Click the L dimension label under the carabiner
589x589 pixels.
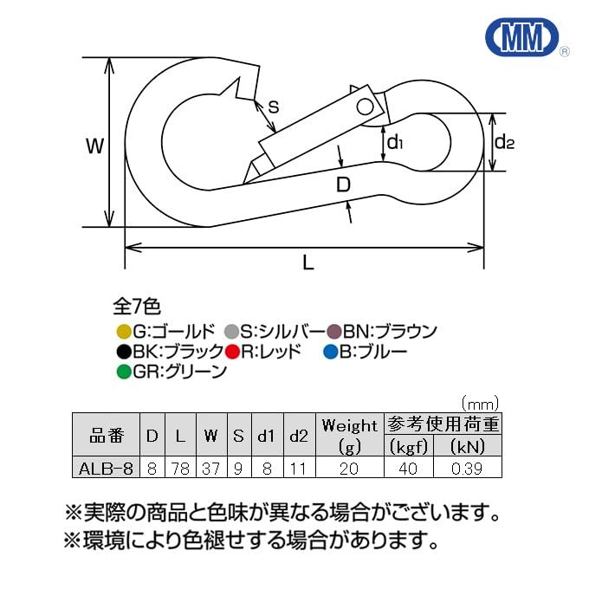(308, 264)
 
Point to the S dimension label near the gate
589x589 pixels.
(273, 107)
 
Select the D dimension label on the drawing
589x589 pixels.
(343, 184)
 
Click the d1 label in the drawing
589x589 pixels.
(396, 141)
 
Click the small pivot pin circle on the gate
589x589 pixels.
(366, 107)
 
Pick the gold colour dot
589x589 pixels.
(123, 331)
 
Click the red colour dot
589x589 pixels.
(232, 352)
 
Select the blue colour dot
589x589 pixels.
(330, 352)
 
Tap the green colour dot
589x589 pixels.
(123, 372)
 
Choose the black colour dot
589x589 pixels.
(123, 352)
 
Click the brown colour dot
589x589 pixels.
(334, 331)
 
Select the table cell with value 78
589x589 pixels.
(179, 468)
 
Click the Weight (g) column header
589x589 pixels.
(350, 435)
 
